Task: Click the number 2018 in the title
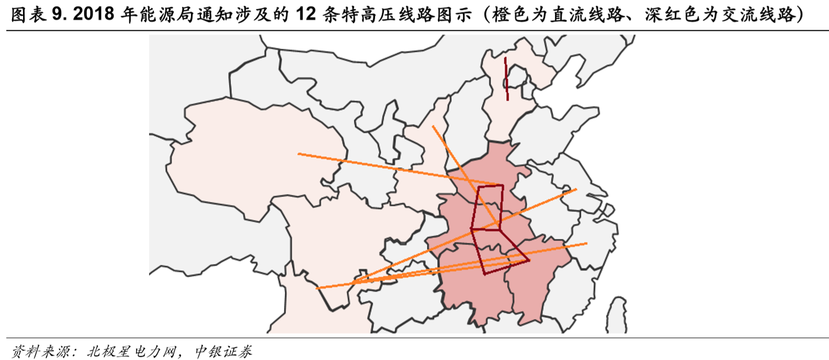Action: (x=94, y=14)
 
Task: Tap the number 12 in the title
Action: (x=305, y=14)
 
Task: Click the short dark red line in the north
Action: (x=506, y=78)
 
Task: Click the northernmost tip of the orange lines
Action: (x=433, y=126)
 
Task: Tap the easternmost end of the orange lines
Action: (x=586, y=243)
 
